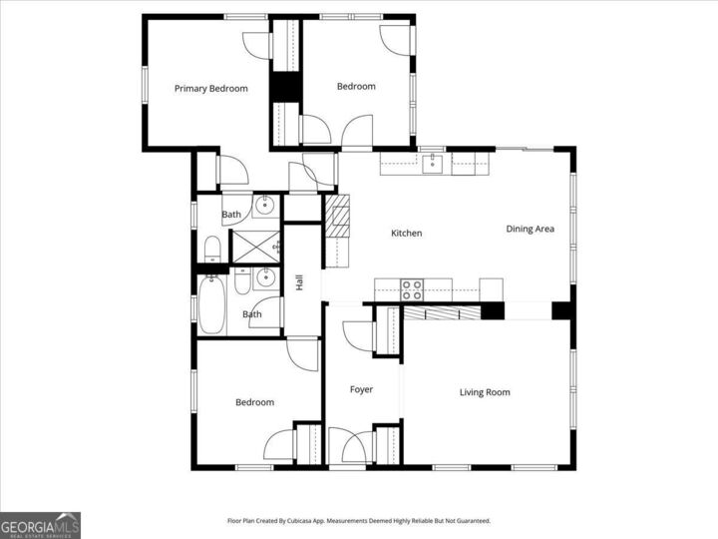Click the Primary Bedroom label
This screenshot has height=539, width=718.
click(x=210, y=89)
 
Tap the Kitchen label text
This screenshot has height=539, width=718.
click(x=406, y=234)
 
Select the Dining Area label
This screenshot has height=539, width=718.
click(x=530, y=230)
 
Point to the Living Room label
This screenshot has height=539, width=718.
click(x=485, y=392)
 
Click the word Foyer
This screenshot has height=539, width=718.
click(x=361, y=389)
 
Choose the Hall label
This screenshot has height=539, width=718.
click(x=299, y=282)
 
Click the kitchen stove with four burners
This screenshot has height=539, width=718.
click(x=412, y=289)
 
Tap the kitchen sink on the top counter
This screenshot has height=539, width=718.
click(x=432, y=162)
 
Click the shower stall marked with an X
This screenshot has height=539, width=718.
click(x=255, y=246)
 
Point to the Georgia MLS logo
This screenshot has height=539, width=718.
click(x=40, y=525)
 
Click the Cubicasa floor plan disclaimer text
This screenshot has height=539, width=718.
click(x=359, y=521)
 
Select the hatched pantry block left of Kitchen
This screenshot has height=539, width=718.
click(x=339, y=216)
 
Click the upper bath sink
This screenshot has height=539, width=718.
click(x=264, y=208)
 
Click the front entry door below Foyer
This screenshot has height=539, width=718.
click(x=347, y=449)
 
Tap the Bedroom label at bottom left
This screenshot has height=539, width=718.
click(x=254, y=402)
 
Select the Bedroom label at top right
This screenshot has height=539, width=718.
click(x=356, y=87)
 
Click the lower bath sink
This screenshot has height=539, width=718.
click(x=264, y=278)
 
